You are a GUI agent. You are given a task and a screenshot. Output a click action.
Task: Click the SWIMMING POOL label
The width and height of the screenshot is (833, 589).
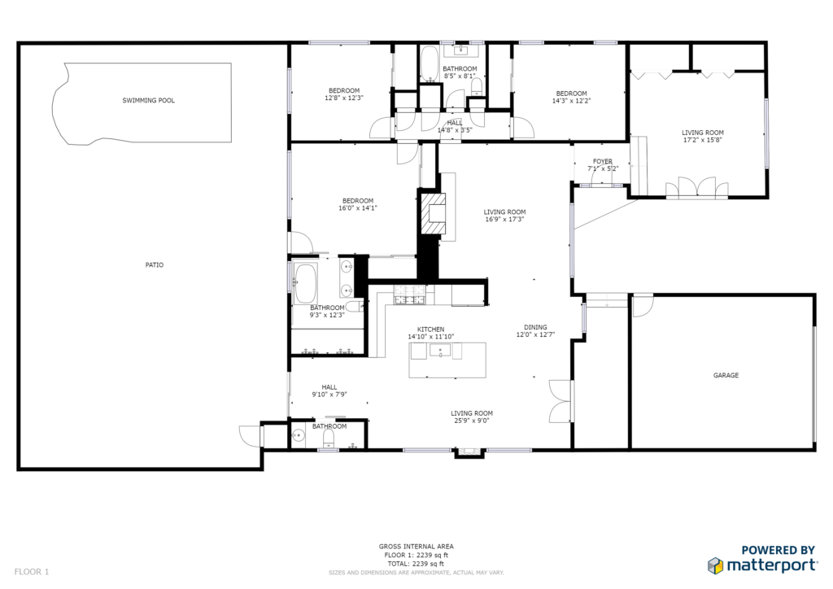pyautogui.click(x=148, y=100)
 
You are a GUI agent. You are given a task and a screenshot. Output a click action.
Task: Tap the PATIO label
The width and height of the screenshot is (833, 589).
pyautogui.click(x=155, y=265)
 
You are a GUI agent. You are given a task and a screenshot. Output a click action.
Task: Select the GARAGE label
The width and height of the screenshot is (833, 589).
pyautogui.click(x=726, y=376)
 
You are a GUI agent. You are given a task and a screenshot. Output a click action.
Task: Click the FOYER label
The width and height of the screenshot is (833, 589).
pyautogui.click(x=603, y=161)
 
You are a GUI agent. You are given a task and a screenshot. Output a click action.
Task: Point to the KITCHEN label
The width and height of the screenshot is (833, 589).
pyautogui.click(x=431, y=329)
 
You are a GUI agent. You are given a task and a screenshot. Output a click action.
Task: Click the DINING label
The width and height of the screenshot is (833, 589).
pyautogui.click(x=535, y=327)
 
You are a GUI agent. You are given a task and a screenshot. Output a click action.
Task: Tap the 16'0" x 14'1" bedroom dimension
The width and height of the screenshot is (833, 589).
pyautogui.click(x=358, y=208)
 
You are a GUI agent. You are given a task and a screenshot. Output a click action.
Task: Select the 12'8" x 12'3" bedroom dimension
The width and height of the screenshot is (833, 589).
pyautogui.click(x=344, y=98)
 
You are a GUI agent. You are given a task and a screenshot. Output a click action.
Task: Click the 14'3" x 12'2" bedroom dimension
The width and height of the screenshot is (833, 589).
pyautogui.click(x=572, y=100)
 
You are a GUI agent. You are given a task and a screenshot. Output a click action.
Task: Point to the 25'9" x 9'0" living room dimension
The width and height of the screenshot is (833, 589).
pyautogui.click(x=472, y=421)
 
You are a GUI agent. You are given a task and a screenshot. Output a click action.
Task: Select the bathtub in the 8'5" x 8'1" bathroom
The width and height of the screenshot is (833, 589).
pyautogui.click(x=429, y=64)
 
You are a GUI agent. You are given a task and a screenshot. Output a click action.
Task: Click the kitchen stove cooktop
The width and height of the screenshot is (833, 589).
pyautogui.click(x=409, y=294)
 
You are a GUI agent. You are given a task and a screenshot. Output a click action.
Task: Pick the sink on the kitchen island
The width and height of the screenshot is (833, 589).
pyautogui.click(x=440, y=351)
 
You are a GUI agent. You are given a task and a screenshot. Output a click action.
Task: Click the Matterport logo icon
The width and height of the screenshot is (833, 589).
pyautogui.click(x=715, y=565)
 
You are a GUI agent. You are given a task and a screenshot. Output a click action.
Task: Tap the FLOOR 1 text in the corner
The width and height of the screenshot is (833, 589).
pyautogui.click(x=32, y=572)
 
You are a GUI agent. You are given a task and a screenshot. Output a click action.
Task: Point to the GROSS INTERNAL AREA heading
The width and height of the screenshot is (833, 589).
pyautogui.click(x=416, y=547)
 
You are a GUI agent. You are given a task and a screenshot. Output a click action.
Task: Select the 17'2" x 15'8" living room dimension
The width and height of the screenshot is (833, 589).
pyautogui.click(x=703, y=140)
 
